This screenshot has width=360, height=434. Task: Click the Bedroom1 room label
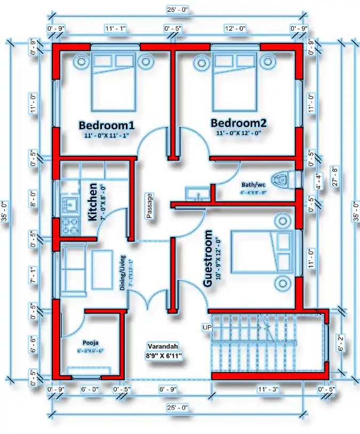tap(106, 125)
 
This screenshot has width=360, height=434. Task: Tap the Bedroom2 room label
tap(238, 123)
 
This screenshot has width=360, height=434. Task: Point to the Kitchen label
tap(93, 202)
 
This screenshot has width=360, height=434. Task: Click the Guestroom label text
tap(209, 258)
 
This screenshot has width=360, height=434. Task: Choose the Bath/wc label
tap(253, 185)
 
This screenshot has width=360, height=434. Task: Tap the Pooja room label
tap(90, 343)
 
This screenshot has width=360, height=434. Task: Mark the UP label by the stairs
tap(207, 326)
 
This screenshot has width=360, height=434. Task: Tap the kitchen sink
tap(69, 203)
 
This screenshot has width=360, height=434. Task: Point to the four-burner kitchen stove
tap(69, 223)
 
